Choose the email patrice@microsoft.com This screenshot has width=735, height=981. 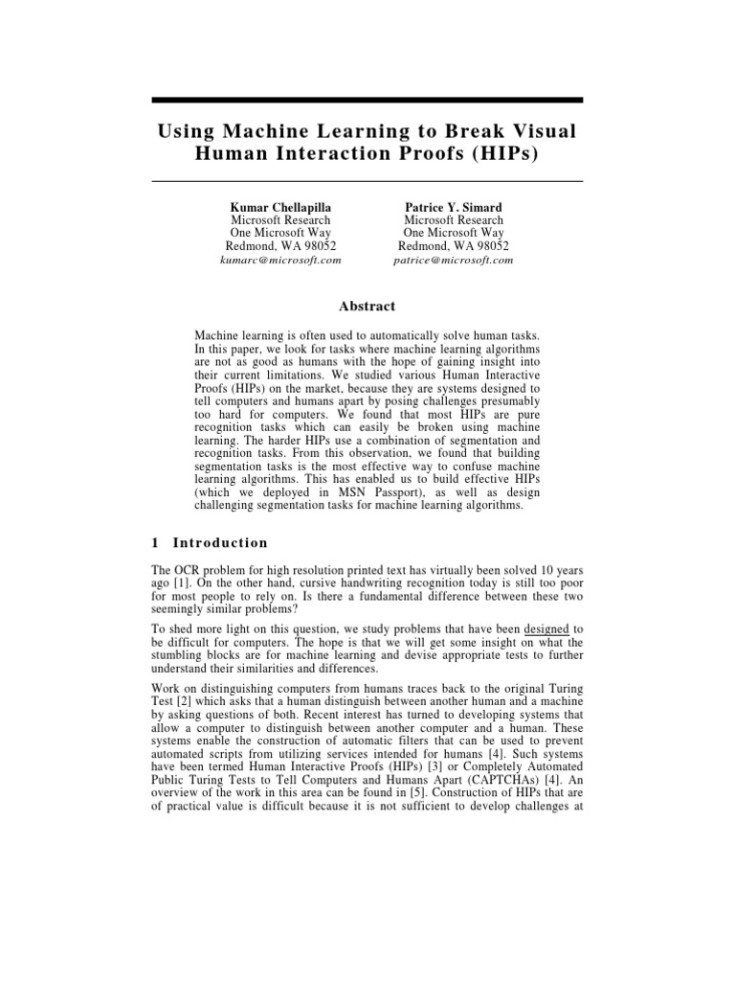click(453, 260)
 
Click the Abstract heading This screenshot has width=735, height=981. click(367, 307)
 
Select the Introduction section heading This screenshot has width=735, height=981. click(218, 543)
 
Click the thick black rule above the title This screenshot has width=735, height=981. click(367, 100)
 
